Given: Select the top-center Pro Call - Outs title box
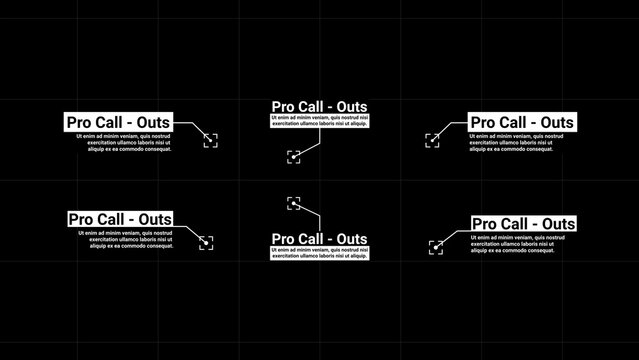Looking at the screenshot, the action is [x=320, y=106].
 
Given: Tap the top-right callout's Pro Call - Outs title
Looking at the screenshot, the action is [x=522, y=121].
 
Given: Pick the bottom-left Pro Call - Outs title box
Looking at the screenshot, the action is [x=120, y=219].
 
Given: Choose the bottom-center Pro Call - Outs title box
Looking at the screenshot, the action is [x=320, y=239].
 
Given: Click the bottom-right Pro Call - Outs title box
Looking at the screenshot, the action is [x=523, y=223].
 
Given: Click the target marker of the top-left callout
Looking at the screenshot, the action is [x=210, y=140].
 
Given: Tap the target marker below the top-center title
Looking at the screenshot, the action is [x=293, y=156].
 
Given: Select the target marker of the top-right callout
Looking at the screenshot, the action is [x=432, y=140].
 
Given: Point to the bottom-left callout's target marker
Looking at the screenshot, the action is [x=205, y=242].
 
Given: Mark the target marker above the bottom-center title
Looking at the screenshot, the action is [x=294, y=203].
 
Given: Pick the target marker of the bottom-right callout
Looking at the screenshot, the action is [x=436, y=246].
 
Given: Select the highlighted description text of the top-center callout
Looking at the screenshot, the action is [x=320, y=120].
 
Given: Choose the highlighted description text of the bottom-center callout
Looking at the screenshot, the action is [x=320, y=254].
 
